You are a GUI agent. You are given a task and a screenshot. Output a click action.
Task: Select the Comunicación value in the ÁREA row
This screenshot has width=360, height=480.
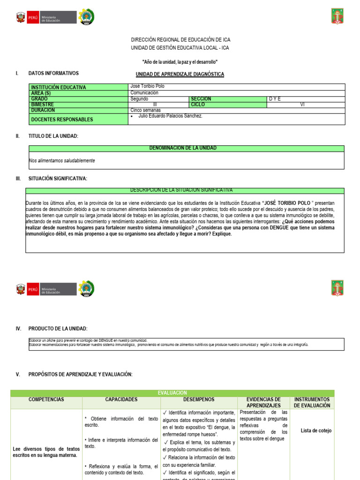(x=144, y=93)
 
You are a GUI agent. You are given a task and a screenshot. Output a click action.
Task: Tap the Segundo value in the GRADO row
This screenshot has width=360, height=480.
(x=139, y=99)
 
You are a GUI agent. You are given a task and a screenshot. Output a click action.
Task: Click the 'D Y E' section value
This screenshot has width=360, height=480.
(x=275, y=99)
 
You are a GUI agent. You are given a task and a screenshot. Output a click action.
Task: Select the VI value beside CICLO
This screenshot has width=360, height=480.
(x=302, y=105)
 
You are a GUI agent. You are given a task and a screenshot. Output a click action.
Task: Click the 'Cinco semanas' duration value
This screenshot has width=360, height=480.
(x=145, y=110)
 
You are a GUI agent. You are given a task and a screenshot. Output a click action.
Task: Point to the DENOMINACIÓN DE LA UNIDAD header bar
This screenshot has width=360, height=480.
(x=186, y=148)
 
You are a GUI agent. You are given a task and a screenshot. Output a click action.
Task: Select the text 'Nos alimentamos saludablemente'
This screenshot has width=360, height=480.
(x=62, y=161)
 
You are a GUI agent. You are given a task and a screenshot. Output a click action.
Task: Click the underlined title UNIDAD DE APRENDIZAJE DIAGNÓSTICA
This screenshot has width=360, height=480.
(x=180, y=74)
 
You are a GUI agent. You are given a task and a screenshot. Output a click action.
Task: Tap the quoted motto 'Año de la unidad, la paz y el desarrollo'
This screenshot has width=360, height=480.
(x=180, y=62)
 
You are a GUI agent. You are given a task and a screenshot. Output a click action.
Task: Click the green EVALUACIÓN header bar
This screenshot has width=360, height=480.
(x=172, y=393)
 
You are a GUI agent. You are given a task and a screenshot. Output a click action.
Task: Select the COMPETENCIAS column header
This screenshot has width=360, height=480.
(x=46, y=400)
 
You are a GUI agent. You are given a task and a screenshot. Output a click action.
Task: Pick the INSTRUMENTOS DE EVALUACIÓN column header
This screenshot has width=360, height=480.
(x=312, y=402)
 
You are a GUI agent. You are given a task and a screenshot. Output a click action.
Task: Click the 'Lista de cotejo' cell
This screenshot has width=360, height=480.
(x=316, y=430)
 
